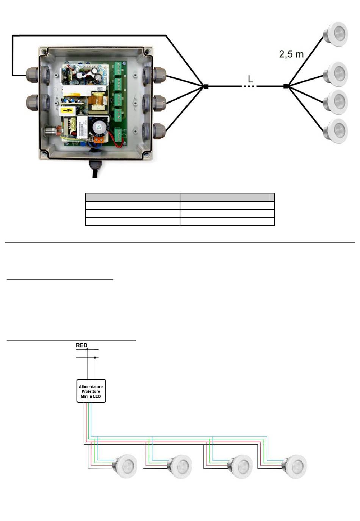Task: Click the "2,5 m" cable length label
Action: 291,55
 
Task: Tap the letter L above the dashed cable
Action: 250,79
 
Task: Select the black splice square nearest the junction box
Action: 206,86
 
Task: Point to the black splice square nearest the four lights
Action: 286,86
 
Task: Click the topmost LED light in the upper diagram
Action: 335,34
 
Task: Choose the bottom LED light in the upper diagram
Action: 335,131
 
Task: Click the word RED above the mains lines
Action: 81,345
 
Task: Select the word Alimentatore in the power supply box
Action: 91,387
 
